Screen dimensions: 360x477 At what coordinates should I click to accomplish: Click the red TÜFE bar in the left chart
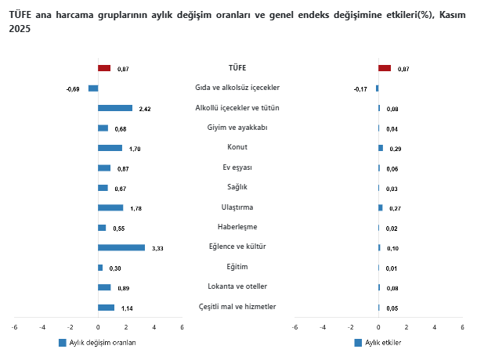104,68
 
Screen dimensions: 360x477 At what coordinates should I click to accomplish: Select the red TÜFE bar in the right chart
385,68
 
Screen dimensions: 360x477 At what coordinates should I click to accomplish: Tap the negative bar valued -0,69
93,88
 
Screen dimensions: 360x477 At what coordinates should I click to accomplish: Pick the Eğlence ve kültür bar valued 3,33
121,247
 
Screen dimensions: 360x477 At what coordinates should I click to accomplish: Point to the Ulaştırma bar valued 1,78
110,207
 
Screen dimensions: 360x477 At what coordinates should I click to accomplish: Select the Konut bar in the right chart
381,148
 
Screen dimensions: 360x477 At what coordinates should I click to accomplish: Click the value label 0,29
394,149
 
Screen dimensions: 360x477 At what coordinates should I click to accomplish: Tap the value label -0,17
360,89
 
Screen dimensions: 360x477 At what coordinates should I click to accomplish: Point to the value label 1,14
127,308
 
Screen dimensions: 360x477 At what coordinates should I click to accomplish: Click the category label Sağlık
237,187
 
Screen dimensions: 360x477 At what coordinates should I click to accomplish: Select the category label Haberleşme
237,227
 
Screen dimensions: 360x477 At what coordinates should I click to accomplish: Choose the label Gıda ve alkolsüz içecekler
237,88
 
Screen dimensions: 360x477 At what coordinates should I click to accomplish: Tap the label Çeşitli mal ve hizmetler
237,306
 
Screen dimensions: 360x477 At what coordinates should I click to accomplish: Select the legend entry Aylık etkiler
383,343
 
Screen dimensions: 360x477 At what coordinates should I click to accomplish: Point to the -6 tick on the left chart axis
14,327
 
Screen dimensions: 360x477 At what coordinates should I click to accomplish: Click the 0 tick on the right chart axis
378,327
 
